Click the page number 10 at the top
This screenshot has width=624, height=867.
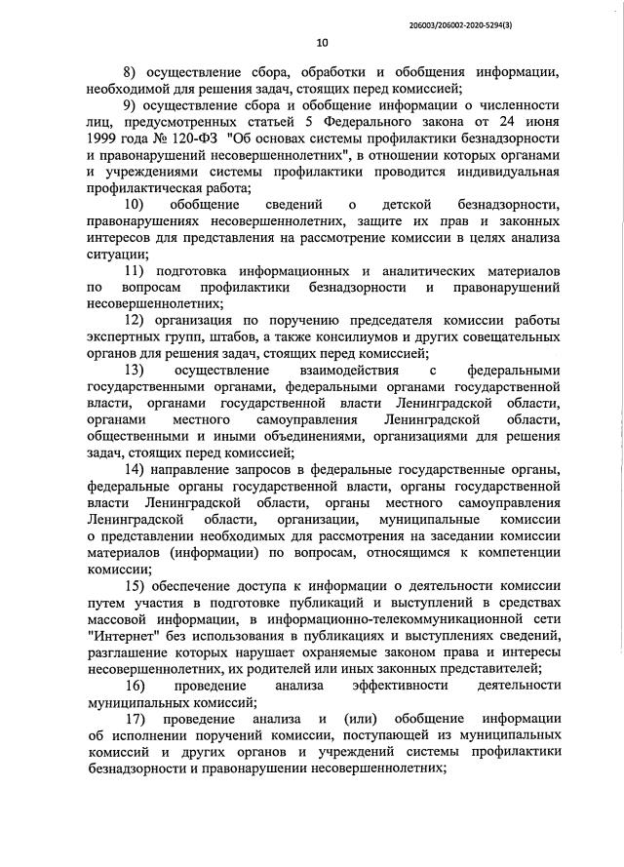(323, 42)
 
